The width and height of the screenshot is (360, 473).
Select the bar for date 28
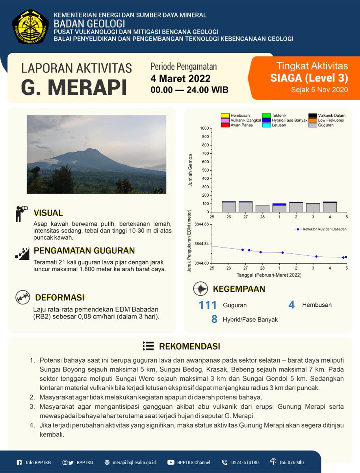click(262, 209)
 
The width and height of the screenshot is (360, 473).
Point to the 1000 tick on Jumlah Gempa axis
click(204, 128)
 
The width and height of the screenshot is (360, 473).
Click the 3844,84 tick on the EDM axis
click(202, 244)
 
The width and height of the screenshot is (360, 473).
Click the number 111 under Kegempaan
click(208, 305)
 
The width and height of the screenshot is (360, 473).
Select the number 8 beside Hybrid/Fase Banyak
click(214, 319)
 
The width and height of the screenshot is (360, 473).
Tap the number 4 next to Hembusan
click(291, 305)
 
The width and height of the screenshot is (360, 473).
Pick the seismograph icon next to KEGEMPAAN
click(201, 289)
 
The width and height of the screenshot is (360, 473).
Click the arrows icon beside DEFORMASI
click(22, 298)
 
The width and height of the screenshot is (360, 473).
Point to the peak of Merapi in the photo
click(91, 149)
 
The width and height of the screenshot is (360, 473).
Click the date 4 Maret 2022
click(180, 78)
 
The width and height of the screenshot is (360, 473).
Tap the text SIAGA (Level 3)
click(309, 78)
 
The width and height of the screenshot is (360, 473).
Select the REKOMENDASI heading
click(189, 346)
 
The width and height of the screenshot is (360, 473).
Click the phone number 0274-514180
click(245, 462)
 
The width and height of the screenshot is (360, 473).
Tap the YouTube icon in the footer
click(171, 462)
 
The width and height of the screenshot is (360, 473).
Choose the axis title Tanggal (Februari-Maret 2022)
click(269, 275)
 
